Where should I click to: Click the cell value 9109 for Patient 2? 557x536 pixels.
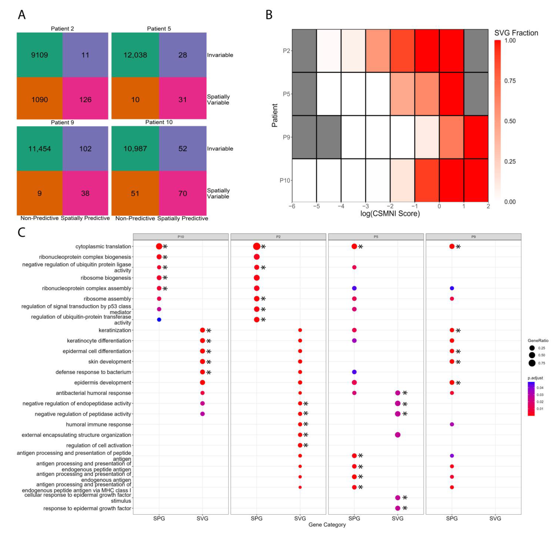pos(39,55)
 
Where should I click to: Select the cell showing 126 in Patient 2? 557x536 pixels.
pos(85,99)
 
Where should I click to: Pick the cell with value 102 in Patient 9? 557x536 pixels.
pos(85,149)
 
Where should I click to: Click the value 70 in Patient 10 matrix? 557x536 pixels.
pos(182,193)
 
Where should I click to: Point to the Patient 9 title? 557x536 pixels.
pos(62,122)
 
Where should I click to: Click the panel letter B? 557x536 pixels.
pos(269,15)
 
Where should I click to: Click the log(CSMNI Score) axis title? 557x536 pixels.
pos(390,214)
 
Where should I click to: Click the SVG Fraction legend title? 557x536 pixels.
pos(516,33)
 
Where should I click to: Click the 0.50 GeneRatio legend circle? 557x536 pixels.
pos(532,355)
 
